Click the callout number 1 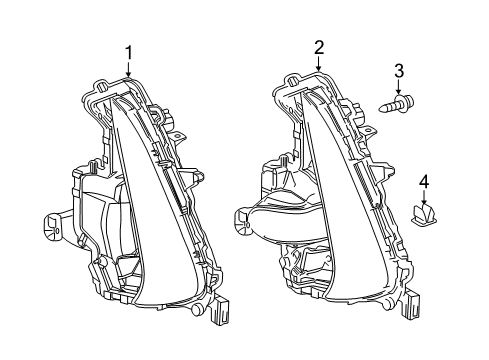(128, 51)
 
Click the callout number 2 (319, 46)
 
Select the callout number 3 (398, 70)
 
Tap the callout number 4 (423, 181)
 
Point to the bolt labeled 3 (397, 103)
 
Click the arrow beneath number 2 (319, 63)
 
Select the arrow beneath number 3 (398, 88)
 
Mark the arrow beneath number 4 (423, 198)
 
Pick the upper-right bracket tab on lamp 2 (366, 130)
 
